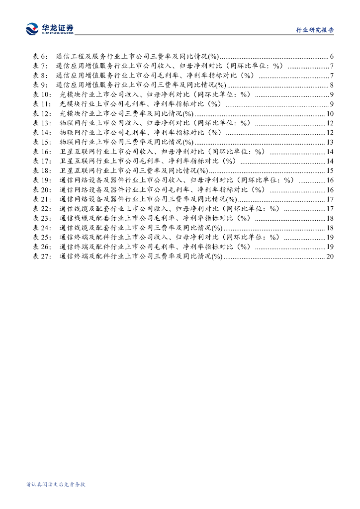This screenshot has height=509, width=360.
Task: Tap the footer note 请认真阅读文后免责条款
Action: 56,484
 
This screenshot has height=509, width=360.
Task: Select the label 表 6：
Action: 40,56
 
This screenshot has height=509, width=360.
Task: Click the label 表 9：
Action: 40,85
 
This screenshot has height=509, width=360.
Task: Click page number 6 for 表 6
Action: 332,56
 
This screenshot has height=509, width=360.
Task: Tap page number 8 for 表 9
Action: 332,85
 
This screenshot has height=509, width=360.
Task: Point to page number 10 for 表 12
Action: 330,114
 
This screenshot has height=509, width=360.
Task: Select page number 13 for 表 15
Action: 330,142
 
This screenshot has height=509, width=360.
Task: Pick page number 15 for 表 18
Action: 330,171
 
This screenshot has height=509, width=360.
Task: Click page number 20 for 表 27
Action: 330,256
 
